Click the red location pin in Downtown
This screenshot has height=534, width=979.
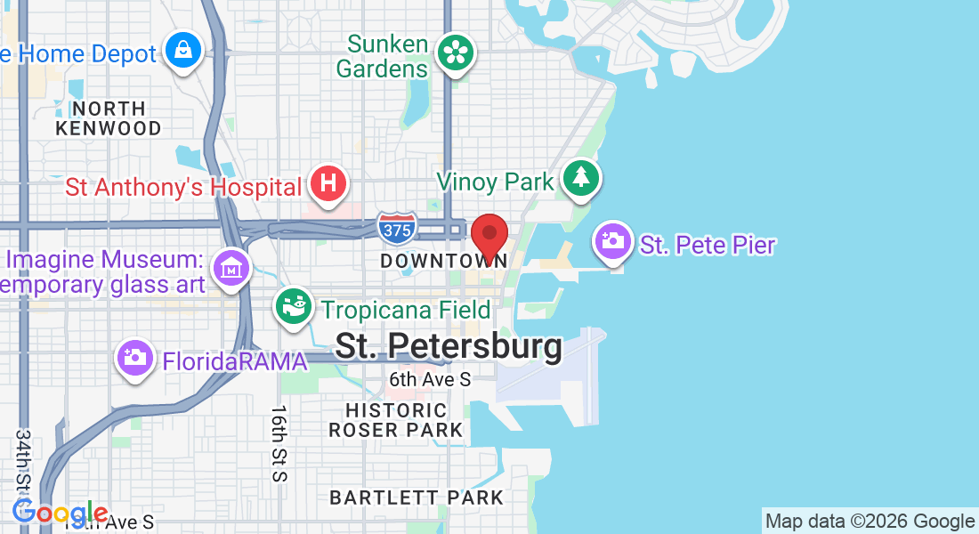489,235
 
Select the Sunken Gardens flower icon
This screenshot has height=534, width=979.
456,53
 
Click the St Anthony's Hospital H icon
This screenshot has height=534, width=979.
328,183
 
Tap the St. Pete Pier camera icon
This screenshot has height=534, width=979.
612,239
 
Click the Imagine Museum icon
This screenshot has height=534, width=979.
231,265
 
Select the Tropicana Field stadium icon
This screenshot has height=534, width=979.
294,306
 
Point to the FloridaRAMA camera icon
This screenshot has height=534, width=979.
135,358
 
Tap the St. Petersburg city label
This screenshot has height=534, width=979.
449,346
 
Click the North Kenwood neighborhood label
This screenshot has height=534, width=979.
109,118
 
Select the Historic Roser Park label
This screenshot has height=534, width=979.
396,420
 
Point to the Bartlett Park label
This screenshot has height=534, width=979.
417,498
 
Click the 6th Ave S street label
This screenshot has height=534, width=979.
430,380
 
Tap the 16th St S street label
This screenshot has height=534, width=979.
279,443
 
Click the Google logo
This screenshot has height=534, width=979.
60,513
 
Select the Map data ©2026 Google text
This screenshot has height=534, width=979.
870,522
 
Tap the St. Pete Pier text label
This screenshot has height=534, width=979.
708,245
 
